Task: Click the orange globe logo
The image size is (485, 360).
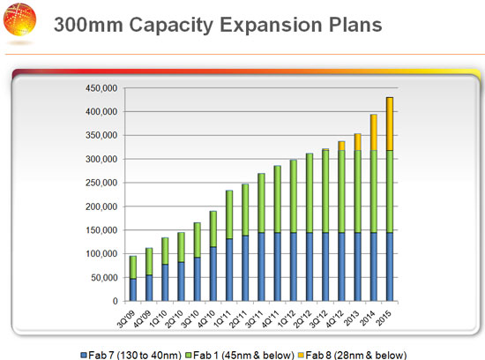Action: [x=19, y=19]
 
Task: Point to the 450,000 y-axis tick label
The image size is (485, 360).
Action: [x=101, y=88]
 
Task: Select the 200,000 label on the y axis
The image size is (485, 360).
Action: [x=101, y=206]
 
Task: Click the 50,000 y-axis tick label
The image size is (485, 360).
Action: [x=104, y=278]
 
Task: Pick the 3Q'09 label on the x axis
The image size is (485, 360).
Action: [x=126, y=319]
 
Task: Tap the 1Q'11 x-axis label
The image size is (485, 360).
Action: [x=222, y=319]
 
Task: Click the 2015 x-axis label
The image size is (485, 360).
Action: [x=384, y=319]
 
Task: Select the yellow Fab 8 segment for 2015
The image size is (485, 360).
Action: [x=390, y=124]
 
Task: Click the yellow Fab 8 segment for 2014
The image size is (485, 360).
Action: [x=374, y=132]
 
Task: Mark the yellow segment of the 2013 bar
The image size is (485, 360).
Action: [x=357, y=142]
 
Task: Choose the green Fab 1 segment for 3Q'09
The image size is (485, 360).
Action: [x=133, y=267]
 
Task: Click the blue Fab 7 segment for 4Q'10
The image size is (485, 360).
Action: [x=213, y=274]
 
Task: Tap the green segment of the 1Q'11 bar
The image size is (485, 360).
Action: [x=229, y=214]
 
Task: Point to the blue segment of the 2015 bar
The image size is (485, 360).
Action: [x=390, y=266]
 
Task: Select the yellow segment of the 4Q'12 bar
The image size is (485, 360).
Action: [x=341, y=146]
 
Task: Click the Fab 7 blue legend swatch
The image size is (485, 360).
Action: [x=83, y=355]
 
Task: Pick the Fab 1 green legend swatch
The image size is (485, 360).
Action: [x=188, y=355]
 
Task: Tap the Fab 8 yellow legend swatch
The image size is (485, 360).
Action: [x=301, y=355]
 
